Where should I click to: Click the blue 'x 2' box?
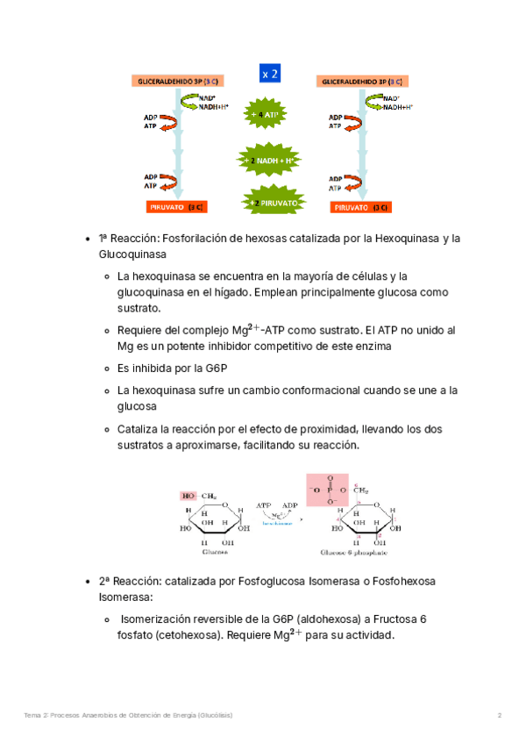tap(270, 75)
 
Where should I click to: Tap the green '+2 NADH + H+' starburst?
tap(266, 161)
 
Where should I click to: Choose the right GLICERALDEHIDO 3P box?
tap(360, 82)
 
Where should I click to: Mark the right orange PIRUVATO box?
tap(361, 208)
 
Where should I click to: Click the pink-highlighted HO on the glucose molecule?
tap(188, 496)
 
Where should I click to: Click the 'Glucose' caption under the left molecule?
tap(215, 553)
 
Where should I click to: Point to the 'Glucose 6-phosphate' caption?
tap(355, 553)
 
